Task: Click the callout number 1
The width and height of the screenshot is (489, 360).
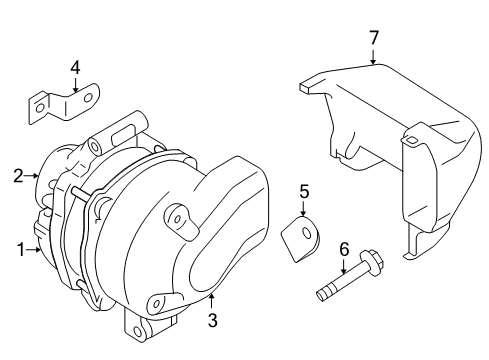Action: point(21,250)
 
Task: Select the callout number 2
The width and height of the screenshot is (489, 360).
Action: point(18,176)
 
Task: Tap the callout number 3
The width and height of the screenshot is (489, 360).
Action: point(212,320)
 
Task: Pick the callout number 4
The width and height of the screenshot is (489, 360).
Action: point(76,68)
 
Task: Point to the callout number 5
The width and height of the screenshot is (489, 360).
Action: point(304,192)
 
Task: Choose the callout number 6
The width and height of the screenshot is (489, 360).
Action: point(344,249)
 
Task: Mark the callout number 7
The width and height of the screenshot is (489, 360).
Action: point(374,38)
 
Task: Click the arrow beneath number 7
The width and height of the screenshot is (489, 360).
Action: point(373,57)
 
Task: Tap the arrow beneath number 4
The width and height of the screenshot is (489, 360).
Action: point(76,85)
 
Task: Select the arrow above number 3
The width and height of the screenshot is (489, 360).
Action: point(211,301)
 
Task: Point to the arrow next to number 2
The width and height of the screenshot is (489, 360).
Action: point(32,175)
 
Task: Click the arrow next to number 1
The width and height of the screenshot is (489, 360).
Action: point(34,249)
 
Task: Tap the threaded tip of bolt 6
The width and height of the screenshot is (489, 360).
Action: point(322,296)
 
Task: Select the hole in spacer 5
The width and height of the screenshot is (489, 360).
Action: point(306,233)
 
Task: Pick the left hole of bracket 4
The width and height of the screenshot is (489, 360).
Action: point(40,108)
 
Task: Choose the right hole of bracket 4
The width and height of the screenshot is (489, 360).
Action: point(88,98)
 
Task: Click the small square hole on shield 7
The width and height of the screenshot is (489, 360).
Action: point(410,140)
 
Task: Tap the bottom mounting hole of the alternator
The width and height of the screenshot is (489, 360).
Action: point(137,331)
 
